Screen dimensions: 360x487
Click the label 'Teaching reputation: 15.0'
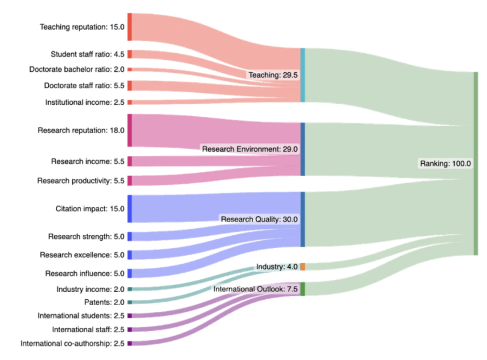pos(82,27)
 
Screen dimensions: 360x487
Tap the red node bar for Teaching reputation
pos(130,27)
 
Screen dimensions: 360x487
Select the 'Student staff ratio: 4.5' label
pos(87,54)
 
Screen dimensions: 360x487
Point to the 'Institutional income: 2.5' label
pos(84,102)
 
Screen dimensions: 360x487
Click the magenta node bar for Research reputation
pos(130,130)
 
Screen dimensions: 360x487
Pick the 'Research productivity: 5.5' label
pos(81,181)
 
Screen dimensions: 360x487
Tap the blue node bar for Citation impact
pos(130,209)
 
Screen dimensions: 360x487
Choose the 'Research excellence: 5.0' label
pos(82,255)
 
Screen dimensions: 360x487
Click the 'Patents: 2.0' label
pos(104,302)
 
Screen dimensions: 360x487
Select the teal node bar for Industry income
pos(130,289)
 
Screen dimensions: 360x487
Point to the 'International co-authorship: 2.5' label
pos(72,343)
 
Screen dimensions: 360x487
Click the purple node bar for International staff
pos(130,329)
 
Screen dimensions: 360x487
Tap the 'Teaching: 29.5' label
pos(273,75)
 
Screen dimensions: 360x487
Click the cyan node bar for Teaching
pos(302,75)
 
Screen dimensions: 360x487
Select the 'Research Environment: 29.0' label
pos(250,149)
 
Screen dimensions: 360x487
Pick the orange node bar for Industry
pos(302,267)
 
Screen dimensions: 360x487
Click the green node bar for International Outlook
pos(302,289)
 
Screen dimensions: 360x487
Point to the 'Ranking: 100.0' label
pos(445,164)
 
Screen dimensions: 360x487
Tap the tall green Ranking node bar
pos(476,163)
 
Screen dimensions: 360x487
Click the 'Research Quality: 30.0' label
pos(259,219)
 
